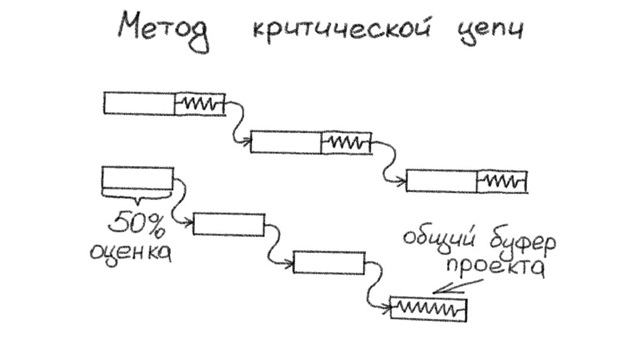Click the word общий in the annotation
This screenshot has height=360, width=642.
[439, 241]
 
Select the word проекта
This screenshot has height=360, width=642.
[495, 268]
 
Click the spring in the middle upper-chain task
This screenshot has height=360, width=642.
[345, 143]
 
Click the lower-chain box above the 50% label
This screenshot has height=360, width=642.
[137, 177]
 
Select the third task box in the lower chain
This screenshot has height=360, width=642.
[329, 262]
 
